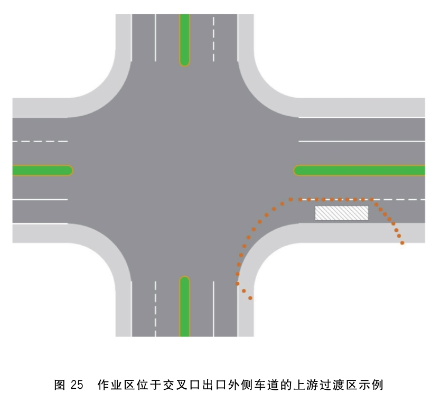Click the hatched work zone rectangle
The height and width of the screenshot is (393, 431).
tap(341, 213)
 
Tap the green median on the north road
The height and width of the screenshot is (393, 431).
tap(184, 40)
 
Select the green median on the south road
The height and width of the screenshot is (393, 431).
tap(184, 306)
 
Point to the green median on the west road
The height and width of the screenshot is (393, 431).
tap(43, 171)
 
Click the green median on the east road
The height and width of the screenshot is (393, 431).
tap(359, 171)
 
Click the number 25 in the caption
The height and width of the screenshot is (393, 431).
tap(77, 385)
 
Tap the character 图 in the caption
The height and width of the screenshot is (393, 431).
tap(60, 385)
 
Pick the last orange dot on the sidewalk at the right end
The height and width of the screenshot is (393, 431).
tap(402, 243)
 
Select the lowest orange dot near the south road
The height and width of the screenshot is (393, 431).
tap(250, 298)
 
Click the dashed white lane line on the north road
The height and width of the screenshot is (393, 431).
tap(213, 39)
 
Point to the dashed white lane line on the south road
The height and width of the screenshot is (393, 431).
tap(155, 308)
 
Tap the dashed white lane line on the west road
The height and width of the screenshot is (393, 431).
tap(40, 141)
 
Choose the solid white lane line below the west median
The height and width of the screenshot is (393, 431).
tap(40, 200)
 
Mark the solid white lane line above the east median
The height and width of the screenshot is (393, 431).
tap(362, 141)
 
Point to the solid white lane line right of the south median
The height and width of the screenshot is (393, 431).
tap(213, 308)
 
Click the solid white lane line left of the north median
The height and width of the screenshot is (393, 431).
tap(155, 38)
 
